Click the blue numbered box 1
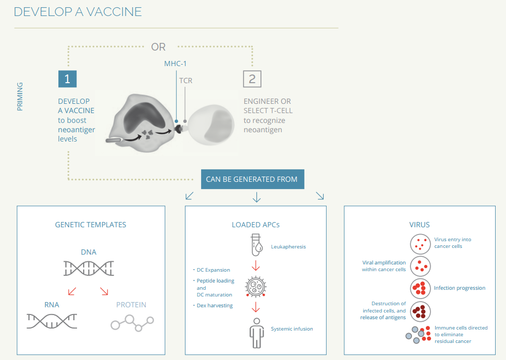67,79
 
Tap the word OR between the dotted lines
158,47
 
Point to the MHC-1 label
175,64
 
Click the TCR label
186,81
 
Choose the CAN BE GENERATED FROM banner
252,179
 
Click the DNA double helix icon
89,269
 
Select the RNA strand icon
52,321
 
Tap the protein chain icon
132,323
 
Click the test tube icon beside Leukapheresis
256,245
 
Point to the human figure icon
256,333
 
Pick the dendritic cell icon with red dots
255,287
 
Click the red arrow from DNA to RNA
72,291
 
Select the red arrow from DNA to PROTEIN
104,291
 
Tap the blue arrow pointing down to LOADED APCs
256,197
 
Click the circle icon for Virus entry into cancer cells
420,244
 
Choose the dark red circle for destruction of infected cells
420,312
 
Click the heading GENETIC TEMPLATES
90,225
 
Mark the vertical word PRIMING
20,97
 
